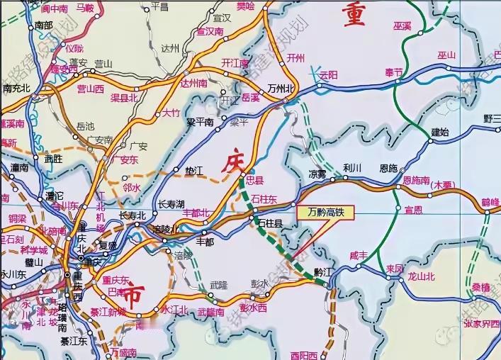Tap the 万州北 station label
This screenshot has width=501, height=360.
(x=278, y=88)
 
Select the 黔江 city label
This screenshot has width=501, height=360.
(x=323, y=272)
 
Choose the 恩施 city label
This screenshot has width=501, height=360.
(x=388, y=168)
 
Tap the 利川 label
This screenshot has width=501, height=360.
(x=352, y=168)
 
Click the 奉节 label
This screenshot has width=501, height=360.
(x=393, y=72)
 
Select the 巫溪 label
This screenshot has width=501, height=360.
(x=403, y=26)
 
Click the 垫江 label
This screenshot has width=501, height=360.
(x=193, y=171)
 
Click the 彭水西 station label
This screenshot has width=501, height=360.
(x=253, y=308)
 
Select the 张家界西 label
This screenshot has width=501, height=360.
(x=481, y=323)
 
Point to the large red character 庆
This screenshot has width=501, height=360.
(x=235, y=162)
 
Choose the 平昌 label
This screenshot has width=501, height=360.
(x=160, y=6)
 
